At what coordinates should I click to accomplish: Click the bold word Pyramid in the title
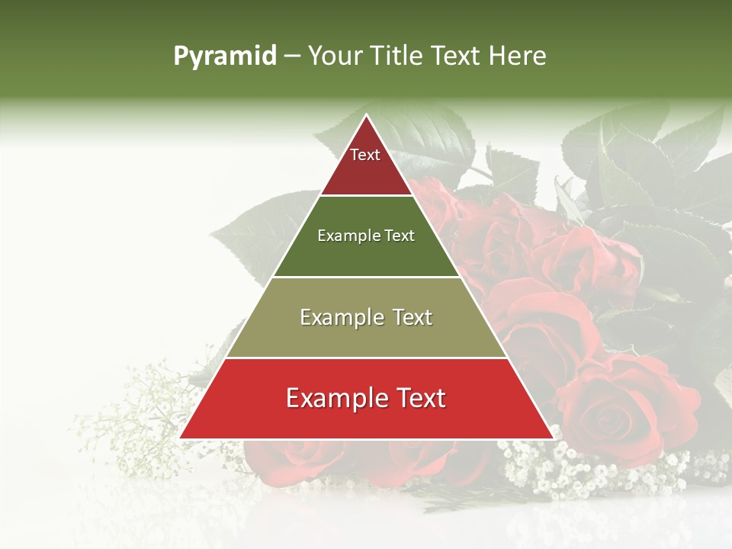(224, 56)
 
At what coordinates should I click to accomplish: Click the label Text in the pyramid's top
(365, 155)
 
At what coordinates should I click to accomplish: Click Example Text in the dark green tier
(366, 236)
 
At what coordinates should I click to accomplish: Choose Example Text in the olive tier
(366, 317)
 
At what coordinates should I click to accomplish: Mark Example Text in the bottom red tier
(366, 398)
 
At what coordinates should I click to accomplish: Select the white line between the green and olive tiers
(366, 277)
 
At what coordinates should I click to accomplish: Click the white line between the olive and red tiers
(366, 358)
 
